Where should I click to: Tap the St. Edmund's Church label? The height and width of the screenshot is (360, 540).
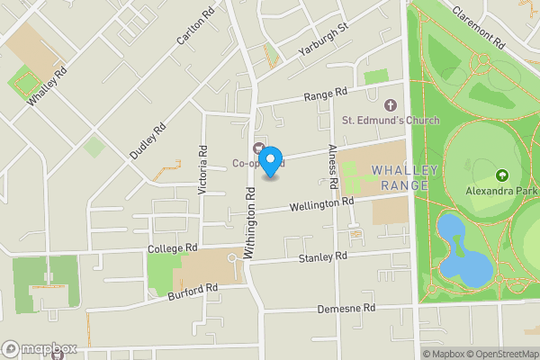(390, 121)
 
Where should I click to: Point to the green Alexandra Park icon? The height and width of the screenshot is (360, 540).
(501, 175)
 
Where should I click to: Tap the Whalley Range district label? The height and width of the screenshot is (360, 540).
(404, 176)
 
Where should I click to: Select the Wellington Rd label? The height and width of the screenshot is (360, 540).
(322, 205)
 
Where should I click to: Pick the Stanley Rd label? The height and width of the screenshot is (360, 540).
(322, 258)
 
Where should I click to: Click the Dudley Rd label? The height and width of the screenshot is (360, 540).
(148, 141)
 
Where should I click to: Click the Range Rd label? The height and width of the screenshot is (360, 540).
(325, 94)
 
